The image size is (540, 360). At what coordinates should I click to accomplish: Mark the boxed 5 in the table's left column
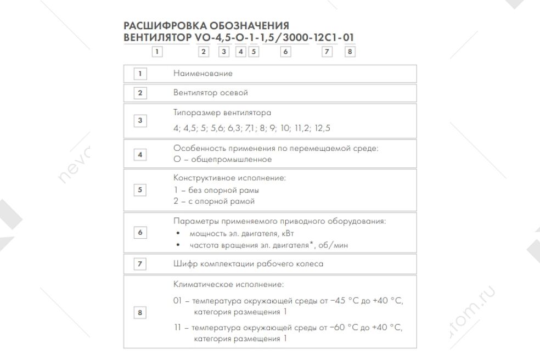(140, 190)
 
